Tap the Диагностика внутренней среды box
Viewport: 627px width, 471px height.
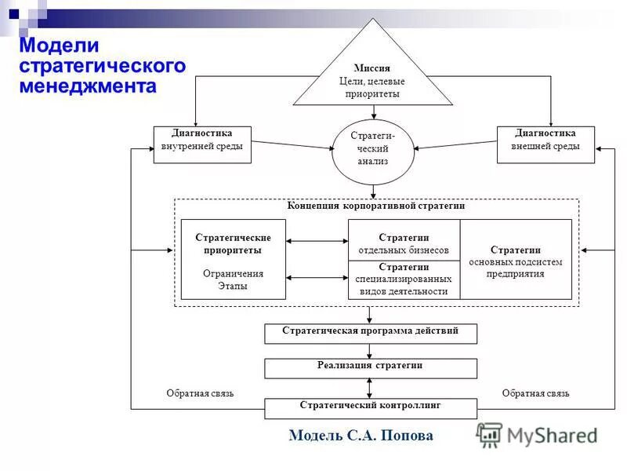click(202, 144)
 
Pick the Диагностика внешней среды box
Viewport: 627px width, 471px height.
click(545, 144)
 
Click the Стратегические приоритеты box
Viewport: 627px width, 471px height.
click(233, 259)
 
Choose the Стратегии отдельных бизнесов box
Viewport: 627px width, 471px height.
click(404, 243)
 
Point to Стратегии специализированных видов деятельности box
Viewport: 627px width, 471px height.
click(404, 279)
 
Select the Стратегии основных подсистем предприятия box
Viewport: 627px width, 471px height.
click(516, 259)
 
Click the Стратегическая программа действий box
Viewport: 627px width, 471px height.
click(370, 333)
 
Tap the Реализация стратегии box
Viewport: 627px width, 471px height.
click(370, 367)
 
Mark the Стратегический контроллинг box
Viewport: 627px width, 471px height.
click(370, 407)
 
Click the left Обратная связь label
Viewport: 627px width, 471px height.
click(200, 393)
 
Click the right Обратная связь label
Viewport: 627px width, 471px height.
click(535, 393)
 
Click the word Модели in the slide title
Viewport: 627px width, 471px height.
click(51, 46)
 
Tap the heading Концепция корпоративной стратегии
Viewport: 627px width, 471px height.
click(376, 206)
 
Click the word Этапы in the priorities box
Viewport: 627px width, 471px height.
click(233, 286)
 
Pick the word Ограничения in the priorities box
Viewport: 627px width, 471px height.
click(233, 274)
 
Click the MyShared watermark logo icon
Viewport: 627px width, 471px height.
click(490, 435)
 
